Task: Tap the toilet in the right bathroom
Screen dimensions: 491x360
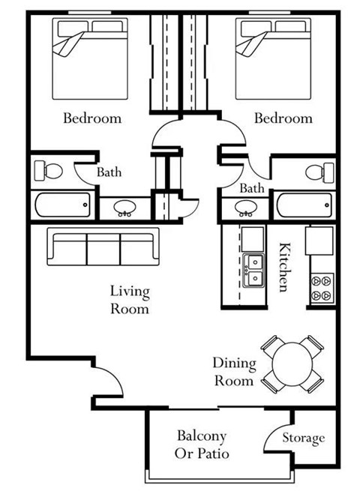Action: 319,172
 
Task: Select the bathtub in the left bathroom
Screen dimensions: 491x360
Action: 62,204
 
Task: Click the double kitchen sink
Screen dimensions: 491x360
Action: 253,271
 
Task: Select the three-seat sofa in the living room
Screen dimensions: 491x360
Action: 103,246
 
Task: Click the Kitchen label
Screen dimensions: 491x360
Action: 284,267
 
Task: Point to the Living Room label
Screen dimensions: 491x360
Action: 129,300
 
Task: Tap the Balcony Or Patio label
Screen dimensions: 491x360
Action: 202,445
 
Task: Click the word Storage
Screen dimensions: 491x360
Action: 304,438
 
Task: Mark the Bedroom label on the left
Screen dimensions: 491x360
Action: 91,118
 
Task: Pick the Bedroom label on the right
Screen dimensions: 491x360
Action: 283,118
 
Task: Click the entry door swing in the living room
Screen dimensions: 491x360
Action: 107,382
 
